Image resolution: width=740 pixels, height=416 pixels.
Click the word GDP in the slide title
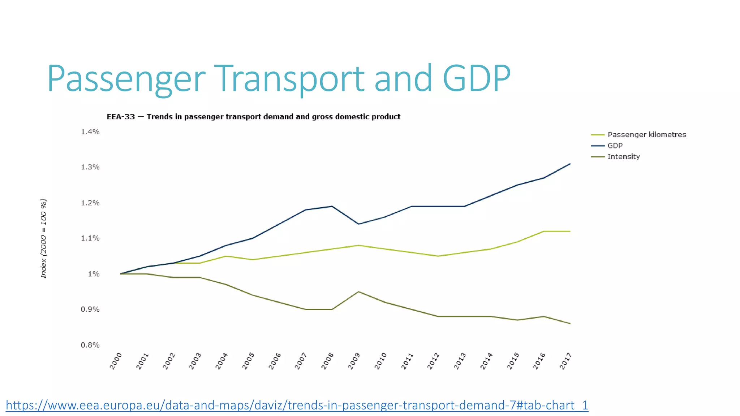click(476, 78)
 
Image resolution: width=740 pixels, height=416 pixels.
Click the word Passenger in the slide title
click(126, 79)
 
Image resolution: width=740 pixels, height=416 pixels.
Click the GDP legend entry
click(615, 146)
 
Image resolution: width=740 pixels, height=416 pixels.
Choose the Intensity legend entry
click(623, 157)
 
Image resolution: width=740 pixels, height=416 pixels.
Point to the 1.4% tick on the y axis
click(90, 132)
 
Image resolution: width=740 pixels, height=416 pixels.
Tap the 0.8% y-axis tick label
click(90, 345)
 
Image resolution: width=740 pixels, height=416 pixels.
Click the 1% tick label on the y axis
click(94, 274)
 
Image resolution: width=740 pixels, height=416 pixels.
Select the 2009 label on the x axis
click(354, 361)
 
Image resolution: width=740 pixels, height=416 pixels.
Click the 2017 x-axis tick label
click(565, 361)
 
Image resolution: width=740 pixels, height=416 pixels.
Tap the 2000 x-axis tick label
click(116, 361)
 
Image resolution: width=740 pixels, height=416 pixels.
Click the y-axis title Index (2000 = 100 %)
click(43, 238)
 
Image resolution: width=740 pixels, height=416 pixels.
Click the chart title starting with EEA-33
click(253, 117)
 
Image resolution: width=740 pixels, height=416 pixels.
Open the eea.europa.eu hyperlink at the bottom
click(297, 405)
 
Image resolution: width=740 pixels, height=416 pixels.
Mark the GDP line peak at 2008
click(332, 206)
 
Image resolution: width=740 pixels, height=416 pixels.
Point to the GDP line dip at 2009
click(358, 224)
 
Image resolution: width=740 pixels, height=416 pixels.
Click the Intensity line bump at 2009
click(358, 291)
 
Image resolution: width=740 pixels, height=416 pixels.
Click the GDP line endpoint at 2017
click(570, 164)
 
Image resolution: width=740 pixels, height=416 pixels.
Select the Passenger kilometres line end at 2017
click(570, 231)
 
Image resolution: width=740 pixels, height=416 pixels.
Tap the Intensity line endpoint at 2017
click(570, 323)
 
